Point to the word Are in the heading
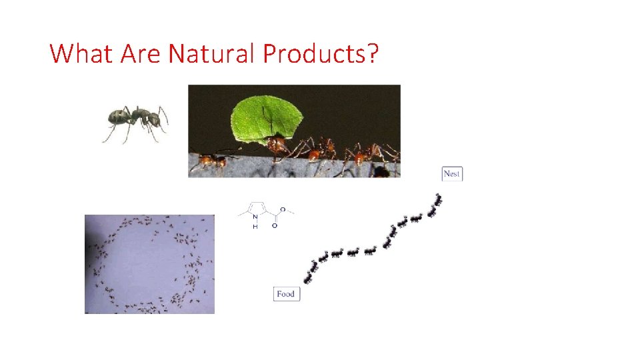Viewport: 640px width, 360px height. point(140,53)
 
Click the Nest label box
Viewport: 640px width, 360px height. point(451,173)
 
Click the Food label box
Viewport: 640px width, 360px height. point(286,293)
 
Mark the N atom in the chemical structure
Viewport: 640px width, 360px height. point(255,216)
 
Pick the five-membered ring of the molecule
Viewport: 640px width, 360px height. point(257,209)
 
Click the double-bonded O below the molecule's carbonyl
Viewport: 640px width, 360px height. point(275,225)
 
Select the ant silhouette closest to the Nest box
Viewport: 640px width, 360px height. point(437,199)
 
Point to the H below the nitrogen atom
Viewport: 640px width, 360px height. point(255,227)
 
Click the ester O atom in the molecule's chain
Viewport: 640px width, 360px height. point(283,209)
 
